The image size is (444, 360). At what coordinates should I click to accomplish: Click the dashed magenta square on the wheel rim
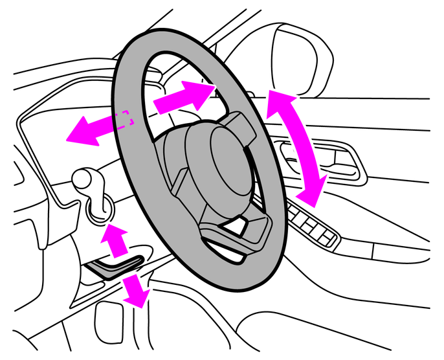point(124,118)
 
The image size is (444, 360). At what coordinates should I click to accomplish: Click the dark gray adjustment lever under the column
point(117,264)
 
